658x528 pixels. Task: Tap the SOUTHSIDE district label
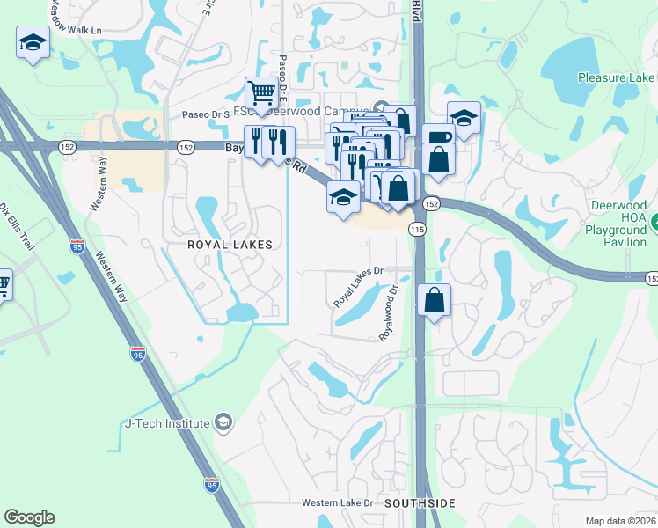pyautogui.click(x=420, y=502)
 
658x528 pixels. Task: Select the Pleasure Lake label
pyautogui.click(x=616, y=77)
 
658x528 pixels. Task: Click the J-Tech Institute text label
pyautogui.click(x=167, y=423)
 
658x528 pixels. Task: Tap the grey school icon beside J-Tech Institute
pyautogui.click(x=223, y=423)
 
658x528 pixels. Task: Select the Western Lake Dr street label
pyautogui.click(x=338, y=502)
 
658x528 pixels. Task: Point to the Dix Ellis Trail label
pyautogui.click(x=17, y=224)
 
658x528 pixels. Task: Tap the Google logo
pyautogui.click(x=29, y=517)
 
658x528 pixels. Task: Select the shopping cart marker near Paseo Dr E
pyautogui.click(x=261, y=92)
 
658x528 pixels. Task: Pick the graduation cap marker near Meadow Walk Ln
pyautogui.click(x=33, y=42)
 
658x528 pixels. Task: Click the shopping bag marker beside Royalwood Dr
pyautogui.click(x=435, y=301)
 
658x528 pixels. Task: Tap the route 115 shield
pyautogui.click(x=417, y=229)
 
